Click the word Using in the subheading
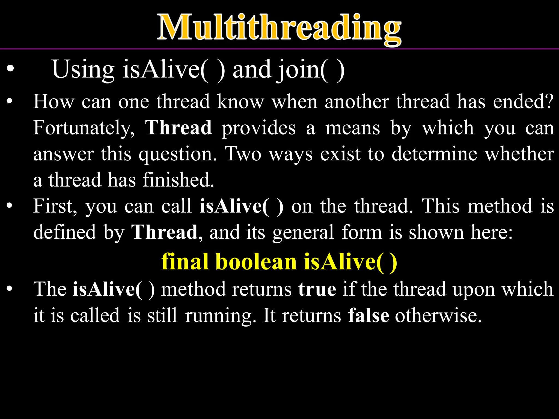coord(83,70)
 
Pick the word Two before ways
coord(243,154)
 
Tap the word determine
coord(434,154)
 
